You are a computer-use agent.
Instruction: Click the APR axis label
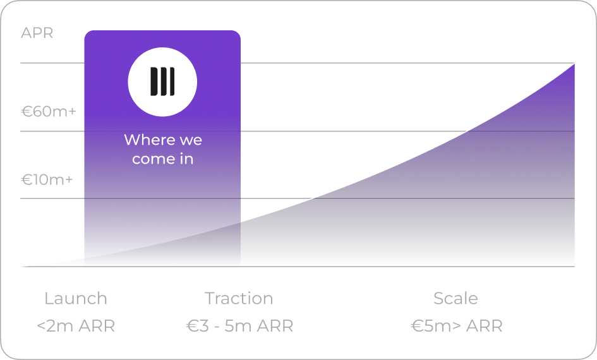[37, 33]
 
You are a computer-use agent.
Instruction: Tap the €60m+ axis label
[49, 112]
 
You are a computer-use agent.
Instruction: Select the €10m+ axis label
[47, 179]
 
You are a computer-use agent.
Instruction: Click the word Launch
[76, 298]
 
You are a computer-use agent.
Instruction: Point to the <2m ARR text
[76, 326]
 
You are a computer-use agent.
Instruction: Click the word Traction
[239, 298]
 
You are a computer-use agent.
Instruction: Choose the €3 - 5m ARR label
[240, 326]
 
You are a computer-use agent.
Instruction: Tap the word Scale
[455, 298]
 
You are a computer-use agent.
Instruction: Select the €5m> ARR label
[457, 326]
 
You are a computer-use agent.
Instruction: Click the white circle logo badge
[162, 82]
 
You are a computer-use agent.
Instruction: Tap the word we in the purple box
[191, 141]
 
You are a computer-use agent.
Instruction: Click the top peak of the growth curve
[574, 64]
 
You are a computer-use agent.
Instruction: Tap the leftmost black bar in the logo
[154, 81]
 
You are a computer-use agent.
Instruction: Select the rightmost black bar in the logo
[172, 81]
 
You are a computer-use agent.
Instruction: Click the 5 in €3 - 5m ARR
[229, 326]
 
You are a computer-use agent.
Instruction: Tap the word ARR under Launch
[99, 326]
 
